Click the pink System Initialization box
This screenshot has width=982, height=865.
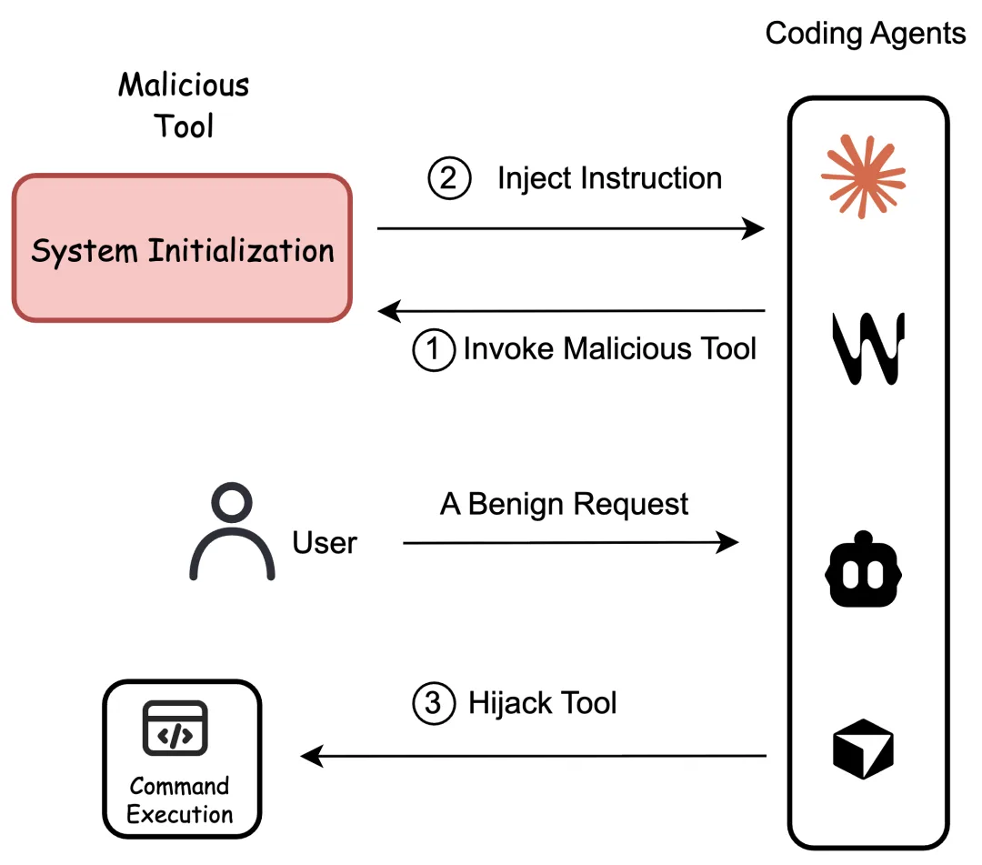(x=182, y=248)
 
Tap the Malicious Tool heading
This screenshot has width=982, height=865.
(x=184, y=106)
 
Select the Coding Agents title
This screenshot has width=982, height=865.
(x=865, y=34)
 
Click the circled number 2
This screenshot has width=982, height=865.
(x=449, y=178)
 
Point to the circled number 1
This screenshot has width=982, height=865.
(x=434, y=349)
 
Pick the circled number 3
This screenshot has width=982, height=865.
(x=434, y=703)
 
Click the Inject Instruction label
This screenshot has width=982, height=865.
(x=609, y=178)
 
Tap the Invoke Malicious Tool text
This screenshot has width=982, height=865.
(x=609, y=348)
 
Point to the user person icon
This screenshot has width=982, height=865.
(x=232, y=531)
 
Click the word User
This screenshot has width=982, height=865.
(x=325, y=542)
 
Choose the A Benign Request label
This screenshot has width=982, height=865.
(x=564, y=504)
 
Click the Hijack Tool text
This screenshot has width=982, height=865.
(x=542, y=703)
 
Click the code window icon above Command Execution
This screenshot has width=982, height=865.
(x=175, y=728)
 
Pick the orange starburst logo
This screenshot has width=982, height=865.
(x=863, y=176)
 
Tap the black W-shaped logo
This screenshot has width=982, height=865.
(x=868, y=348)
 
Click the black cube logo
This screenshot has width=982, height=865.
(x=863, y=749)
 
